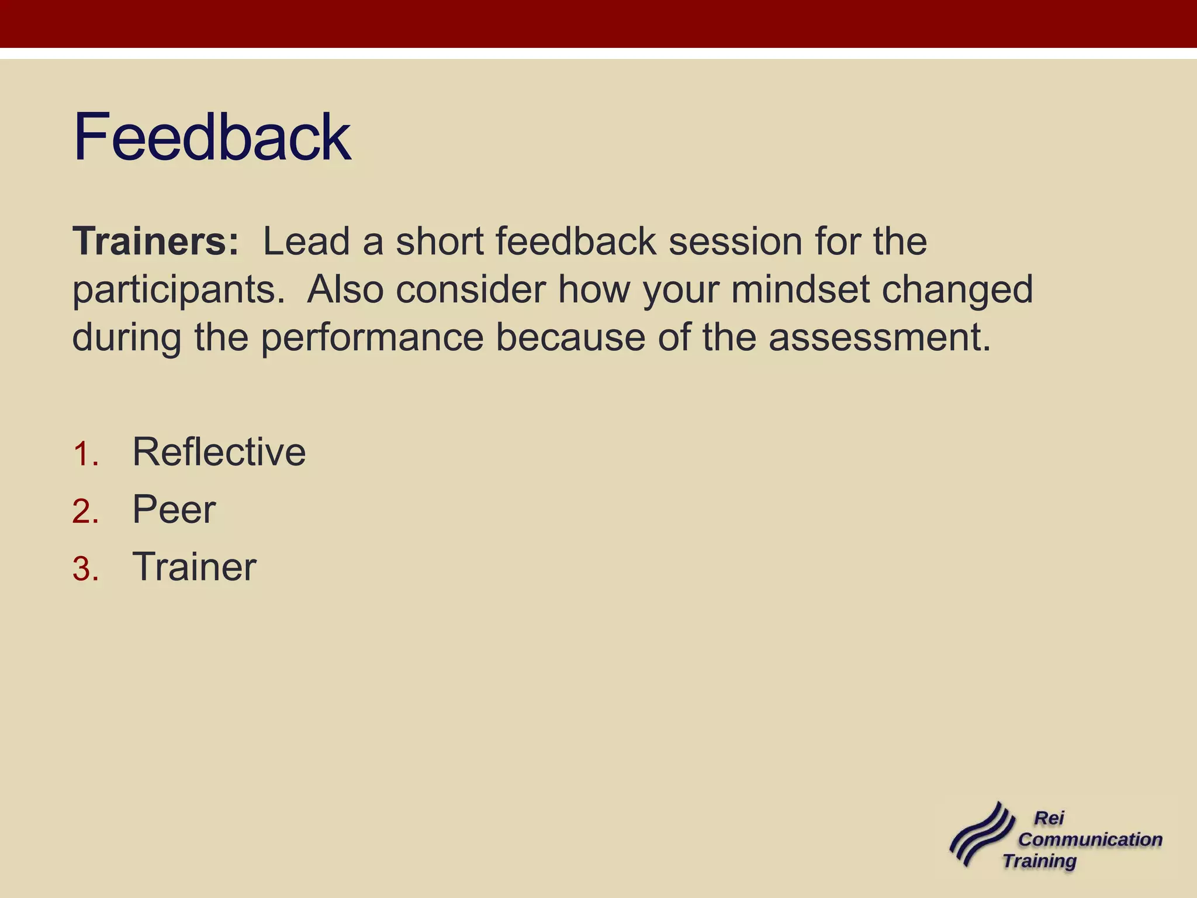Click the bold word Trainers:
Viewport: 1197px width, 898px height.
[155, 241]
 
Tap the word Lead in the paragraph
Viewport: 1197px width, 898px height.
[306, 241]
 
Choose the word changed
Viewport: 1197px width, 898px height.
[957, 291]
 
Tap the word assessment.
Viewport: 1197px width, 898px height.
[879, 338]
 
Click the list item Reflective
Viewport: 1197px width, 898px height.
[219, 452]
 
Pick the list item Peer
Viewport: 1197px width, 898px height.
[174, 509]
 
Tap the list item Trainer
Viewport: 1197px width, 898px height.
[194, 567]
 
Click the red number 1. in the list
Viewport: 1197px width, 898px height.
[85, 454]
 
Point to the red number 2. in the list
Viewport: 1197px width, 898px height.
[85, 512]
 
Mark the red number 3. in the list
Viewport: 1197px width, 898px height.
[85, 569]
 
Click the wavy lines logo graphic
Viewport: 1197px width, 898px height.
[981, 835]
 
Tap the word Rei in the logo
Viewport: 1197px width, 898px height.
[1049, 818]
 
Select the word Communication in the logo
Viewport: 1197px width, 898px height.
[1090, 840]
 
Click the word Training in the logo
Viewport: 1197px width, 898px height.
[1040, 861]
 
